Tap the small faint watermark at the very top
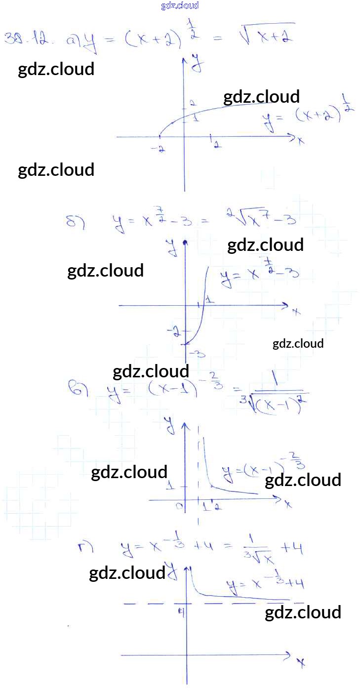pos(180,6)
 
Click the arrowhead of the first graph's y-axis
pos(185,60)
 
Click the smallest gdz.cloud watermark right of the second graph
pos(298,343)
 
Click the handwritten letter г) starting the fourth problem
pos(84,547)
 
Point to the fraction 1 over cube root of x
pos(257,552)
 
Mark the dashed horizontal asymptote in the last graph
pos(148,603)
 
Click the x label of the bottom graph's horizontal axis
pos(301,662)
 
